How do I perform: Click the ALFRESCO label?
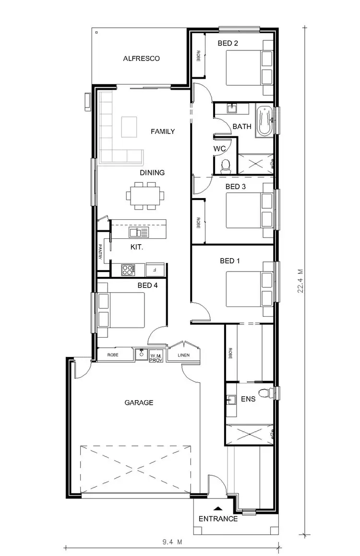coord(141,59)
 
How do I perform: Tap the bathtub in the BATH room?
coord(264,122)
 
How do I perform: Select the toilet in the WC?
coord(225,166)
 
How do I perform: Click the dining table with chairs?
coord(145,196)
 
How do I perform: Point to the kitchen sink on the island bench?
coord(139,233)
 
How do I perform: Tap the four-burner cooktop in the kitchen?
coord(128,270)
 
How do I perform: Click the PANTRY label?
coord(101,252)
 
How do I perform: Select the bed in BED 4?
coord(122,310)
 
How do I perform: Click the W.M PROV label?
coord(156,357)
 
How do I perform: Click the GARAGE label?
coord(139,402)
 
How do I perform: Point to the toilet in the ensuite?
coord(265,393)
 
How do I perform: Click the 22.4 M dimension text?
coord(300,281)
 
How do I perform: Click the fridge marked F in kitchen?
coord(155,270)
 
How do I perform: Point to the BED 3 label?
coord(235,187)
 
